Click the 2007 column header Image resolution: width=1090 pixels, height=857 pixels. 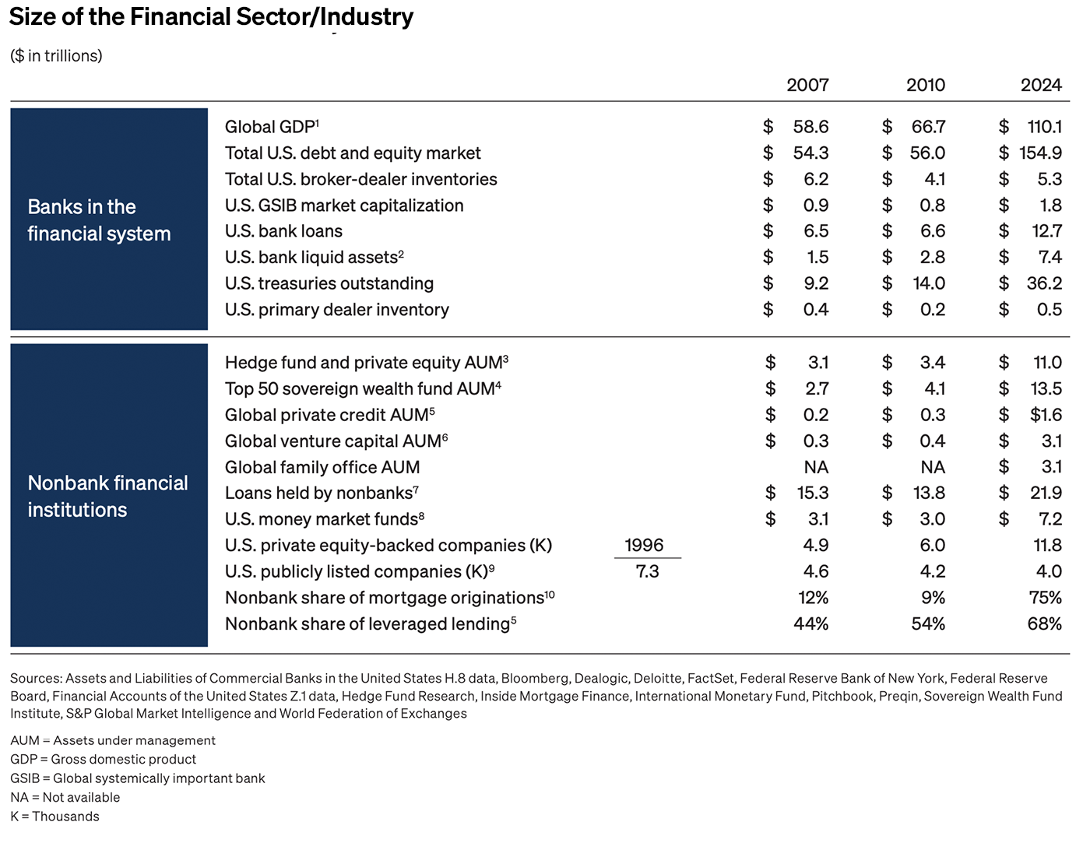coord(807,85)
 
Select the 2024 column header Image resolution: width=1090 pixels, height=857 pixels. coord(1041,85)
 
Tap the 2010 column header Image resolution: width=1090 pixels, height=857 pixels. coord(925,85)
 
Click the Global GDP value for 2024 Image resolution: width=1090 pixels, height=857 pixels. coord(1044,127)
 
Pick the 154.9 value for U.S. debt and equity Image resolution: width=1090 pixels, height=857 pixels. coord(1040,153)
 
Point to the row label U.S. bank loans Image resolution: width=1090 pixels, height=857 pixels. coord(283,231)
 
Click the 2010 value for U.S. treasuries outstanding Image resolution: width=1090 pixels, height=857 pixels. coord(929,283)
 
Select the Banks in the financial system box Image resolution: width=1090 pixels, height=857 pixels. coord(109,220)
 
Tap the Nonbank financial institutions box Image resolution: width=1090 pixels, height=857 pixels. coord(109,496)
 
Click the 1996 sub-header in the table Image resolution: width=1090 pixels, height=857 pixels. coord(644,545)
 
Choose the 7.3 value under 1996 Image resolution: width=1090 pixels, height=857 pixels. coord(647,571)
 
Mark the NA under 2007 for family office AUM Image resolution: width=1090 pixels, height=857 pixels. coord(816,467)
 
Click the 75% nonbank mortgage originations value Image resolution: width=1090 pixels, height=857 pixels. coord(1045,598)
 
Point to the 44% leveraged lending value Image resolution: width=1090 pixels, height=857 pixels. coord(810,624)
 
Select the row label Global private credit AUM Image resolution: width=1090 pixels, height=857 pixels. coord(326,415)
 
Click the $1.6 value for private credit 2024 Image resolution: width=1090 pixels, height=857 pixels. coord(1046,415)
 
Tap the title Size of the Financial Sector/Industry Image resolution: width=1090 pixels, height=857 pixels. coord(211,16)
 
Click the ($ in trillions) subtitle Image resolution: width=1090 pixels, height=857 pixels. coord(56,56)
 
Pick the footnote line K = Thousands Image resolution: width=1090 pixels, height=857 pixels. coord(54,817)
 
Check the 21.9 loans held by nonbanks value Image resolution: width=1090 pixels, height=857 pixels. coord(1045,493)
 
